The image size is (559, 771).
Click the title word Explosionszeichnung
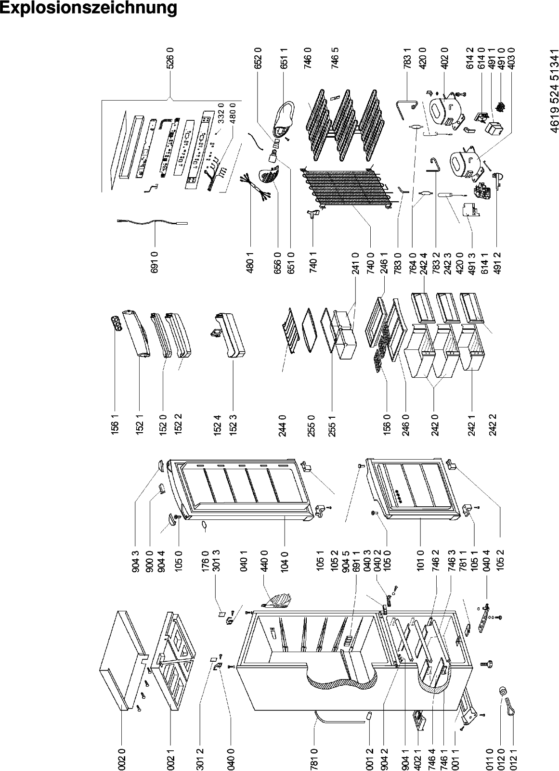coord(88,8)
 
